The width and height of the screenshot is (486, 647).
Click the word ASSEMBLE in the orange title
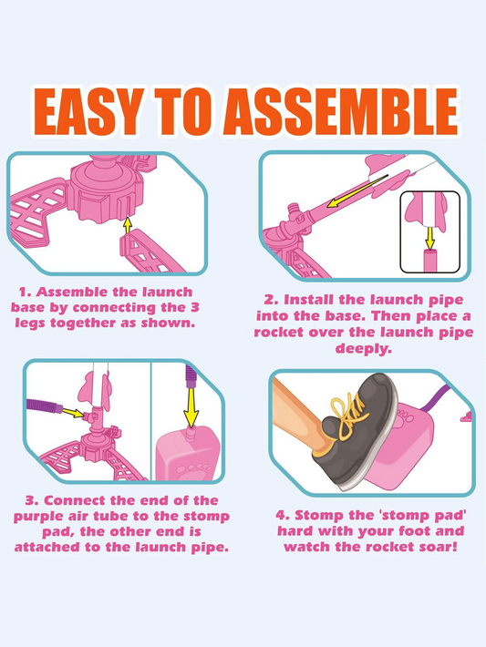(340, 111)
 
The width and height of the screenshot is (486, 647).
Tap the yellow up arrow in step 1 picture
(128, 225)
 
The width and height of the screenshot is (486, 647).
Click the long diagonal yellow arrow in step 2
(357, 191)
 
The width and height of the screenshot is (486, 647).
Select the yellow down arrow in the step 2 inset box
(429, 239)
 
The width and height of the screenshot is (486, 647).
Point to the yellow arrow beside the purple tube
(73, 412)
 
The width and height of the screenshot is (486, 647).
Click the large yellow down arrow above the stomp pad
(191, 407)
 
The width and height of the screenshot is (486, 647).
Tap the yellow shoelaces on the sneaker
(346, 416)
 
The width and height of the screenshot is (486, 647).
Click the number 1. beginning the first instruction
(26, 293)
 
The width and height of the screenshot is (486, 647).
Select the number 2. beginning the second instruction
(272, 300)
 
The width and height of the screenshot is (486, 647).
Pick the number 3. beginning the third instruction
(32, 500)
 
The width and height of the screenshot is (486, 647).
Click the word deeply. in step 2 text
(364, 349)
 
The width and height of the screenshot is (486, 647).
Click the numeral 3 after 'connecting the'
(195, 307)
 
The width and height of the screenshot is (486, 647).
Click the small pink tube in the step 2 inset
(429, 261)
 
